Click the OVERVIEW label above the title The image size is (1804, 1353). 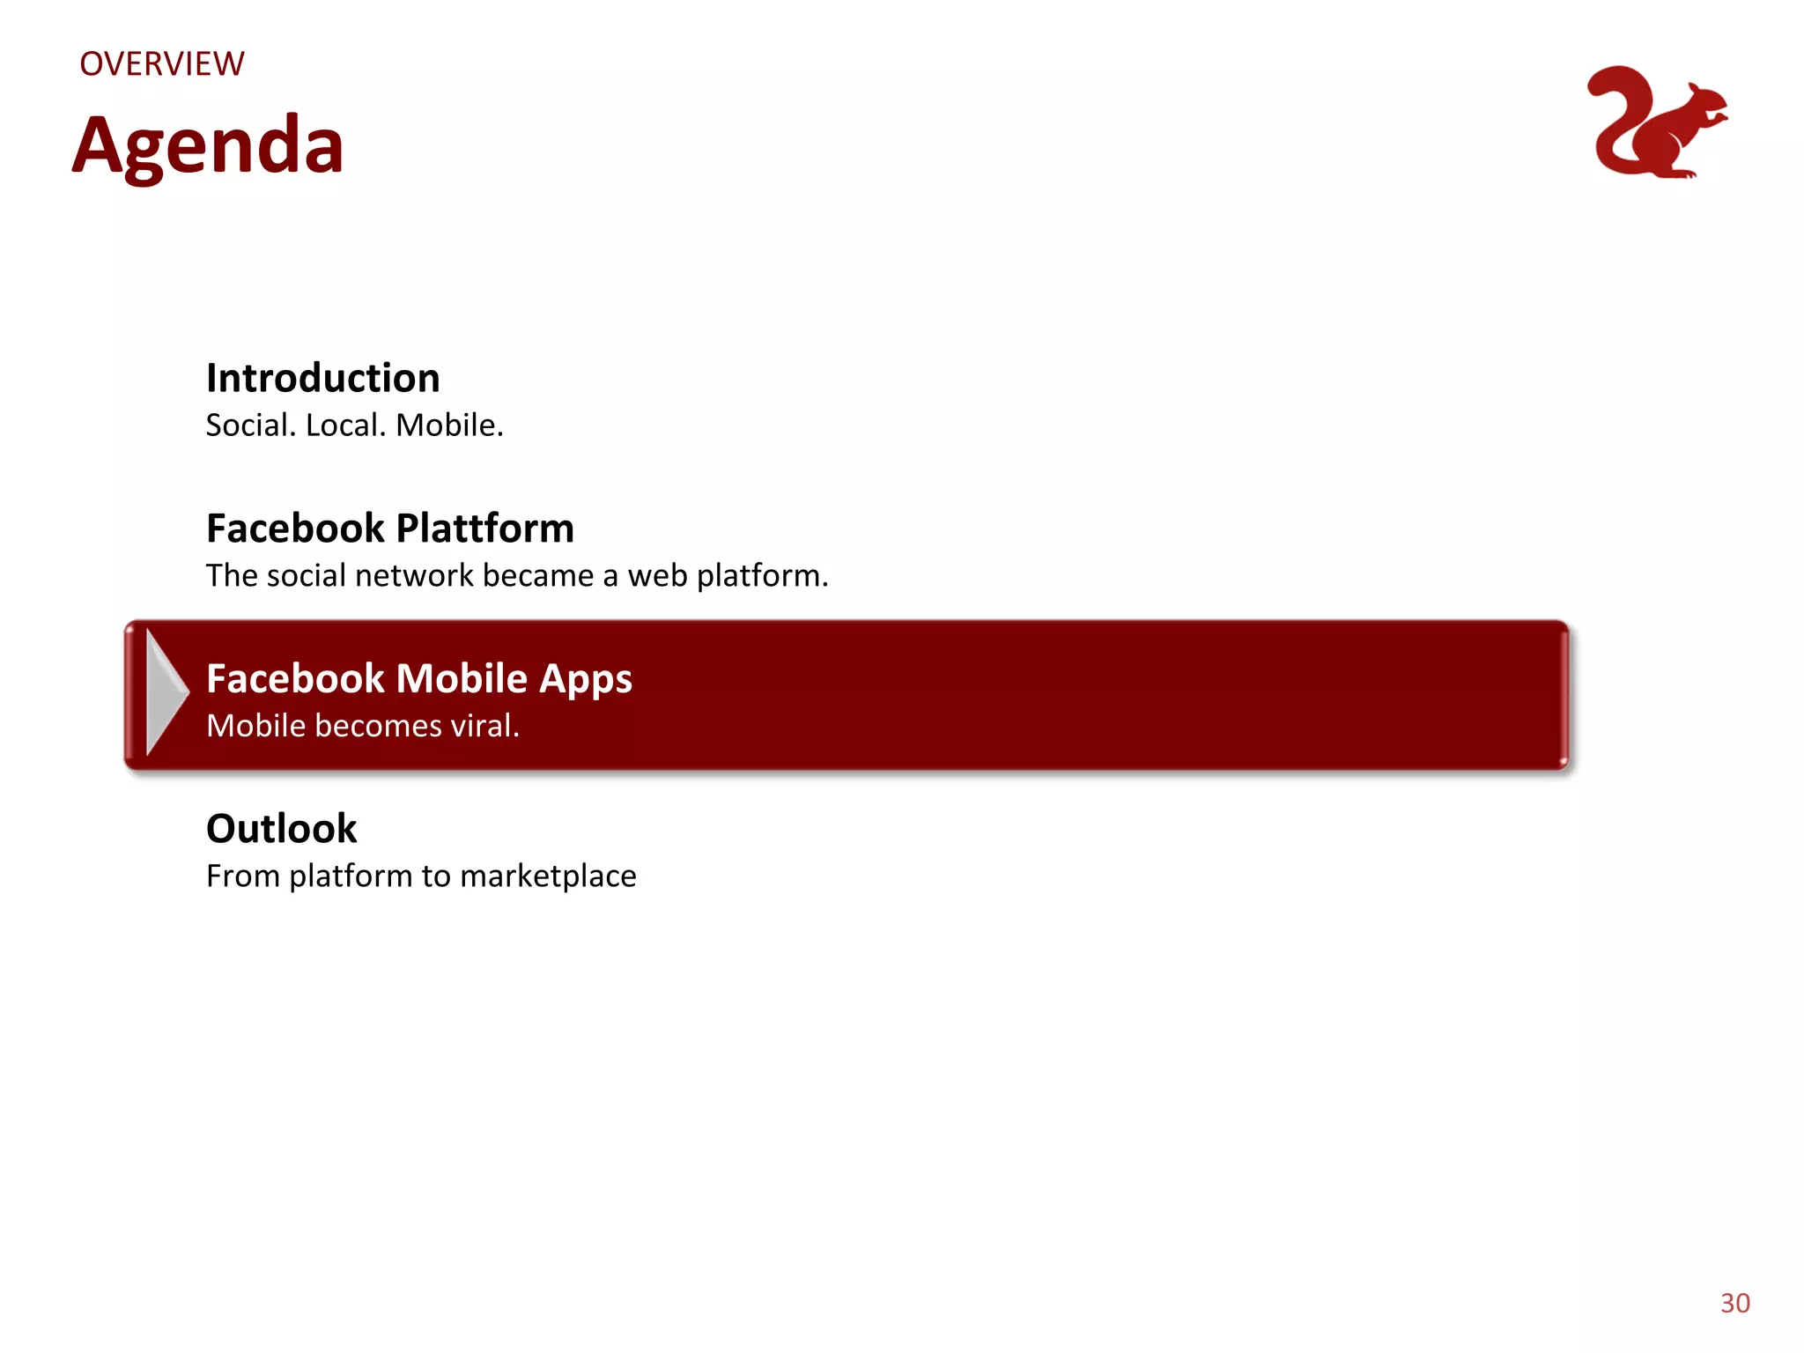click(162, 64)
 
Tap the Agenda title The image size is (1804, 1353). click(208, 145)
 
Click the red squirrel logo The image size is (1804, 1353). click(1656, 123)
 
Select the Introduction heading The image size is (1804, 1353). click(322, 378)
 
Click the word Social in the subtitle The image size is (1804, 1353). click(250, 425)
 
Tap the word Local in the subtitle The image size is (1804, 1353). click(345, 425)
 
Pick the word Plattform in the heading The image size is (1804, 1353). click(484, 529)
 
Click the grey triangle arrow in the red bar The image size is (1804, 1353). click(166, 692)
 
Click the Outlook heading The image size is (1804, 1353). click(281, 829)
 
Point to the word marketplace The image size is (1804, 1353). click(547, 876)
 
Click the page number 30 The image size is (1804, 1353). click(1734, 1303)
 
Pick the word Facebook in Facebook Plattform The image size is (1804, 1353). click(295, 529)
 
